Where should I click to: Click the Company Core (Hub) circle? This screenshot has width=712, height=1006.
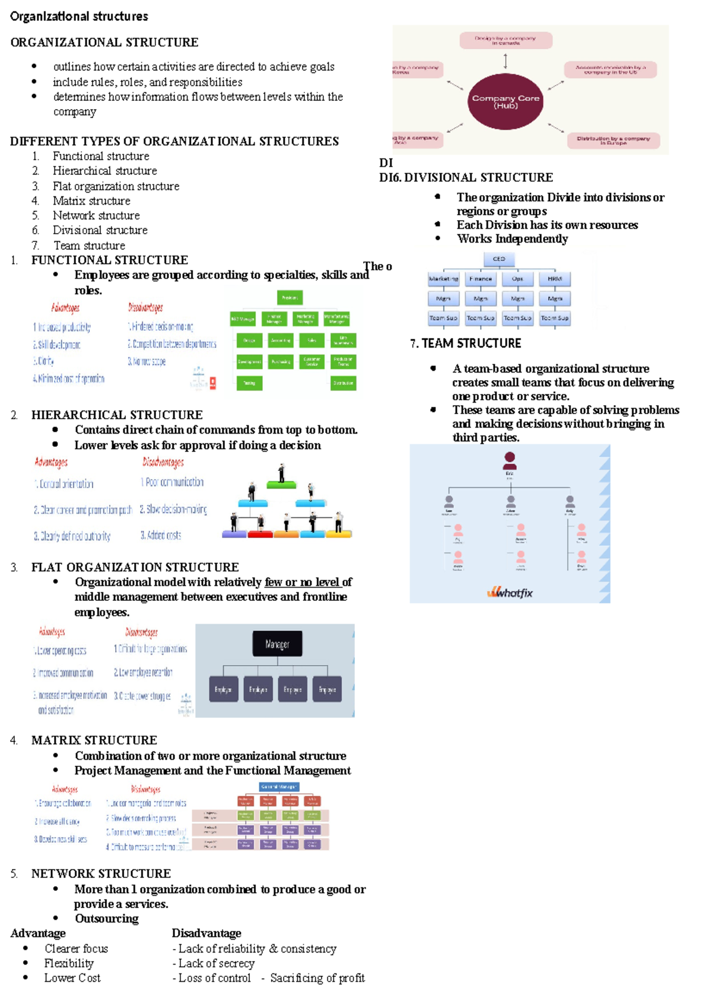tap(506, 101)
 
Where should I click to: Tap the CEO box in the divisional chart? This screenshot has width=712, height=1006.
tap(499, 259)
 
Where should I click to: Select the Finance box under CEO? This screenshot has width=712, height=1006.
tap(481, 279)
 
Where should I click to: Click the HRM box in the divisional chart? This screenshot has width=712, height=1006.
tap(555, 279)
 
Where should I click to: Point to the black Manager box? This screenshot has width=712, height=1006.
tap(277, 644)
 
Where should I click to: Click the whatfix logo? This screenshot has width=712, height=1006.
tap(510, 592)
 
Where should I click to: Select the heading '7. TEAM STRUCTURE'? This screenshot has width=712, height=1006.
tap(466, 343)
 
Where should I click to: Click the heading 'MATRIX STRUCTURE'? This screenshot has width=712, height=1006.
tap(94, 740)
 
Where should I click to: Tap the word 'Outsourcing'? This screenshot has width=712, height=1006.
tap(107, 918)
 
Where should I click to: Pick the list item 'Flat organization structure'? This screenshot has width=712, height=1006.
tap(116, 186)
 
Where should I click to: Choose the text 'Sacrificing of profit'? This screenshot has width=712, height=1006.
tap(317, 978)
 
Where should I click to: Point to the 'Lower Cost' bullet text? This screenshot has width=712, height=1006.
tap(72, 978)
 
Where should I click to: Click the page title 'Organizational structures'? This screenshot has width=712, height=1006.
tap(79, 17)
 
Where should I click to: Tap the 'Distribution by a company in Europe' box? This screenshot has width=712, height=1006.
tap(613, 141)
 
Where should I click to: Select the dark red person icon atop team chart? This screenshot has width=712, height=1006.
tap(510, 460)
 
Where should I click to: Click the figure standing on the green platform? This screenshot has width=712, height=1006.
tap(281, 473)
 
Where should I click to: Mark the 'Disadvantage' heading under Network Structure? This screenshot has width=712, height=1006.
tap(206, 933)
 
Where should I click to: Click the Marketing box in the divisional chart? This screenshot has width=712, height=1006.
tap(443, 279)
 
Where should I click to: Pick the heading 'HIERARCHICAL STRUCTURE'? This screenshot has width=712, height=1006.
tap(117, 415)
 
